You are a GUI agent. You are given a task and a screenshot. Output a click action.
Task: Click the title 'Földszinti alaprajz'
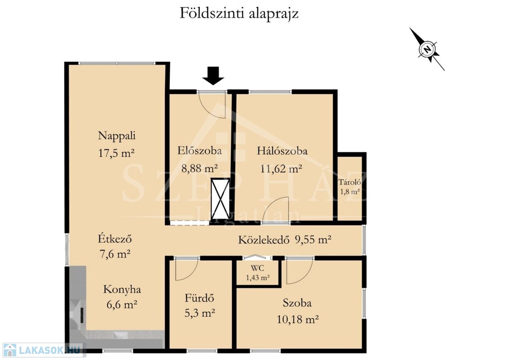click(x=239, y=13)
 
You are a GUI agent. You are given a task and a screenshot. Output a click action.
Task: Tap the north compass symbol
click(x=427, y=49)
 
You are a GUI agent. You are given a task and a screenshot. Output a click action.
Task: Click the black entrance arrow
click(x=213, y=76)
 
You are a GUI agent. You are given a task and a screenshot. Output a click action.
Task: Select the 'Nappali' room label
click(x=116, y=136)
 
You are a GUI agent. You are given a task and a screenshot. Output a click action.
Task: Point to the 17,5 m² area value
click(x=116, y=153)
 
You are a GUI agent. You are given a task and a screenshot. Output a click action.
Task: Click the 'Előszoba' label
click(x=199, y=151)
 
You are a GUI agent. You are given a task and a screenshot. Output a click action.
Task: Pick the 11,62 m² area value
click(x=281, y=169)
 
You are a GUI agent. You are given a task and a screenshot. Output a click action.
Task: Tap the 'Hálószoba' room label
click(x=282, y=151)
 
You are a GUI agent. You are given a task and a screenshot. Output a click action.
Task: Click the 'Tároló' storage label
click(x=349, y=182)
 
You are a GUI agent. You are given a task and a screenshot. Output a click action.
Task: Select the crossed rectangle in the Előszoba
click(x=220, y=198)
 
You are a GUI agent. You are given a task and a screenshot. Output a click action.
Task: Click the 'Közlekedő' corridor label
click(x=263, y=240)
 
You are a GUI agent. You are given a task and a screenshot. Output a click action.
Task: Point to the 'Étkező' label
click(x=115, y=239)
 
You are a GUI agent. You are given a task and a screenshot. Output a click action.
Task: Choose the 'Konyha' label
click(x=122, y=289)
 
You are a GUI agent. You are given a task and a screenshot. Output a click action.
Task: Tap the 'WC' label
click(x=257, y=268)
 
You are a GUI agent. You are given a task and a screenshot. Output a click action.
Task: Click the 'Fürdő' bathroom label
click(x=199, y=298)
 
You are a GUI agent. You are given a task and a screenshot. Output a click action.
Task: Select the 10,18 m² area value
click(x=297, y=319)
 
